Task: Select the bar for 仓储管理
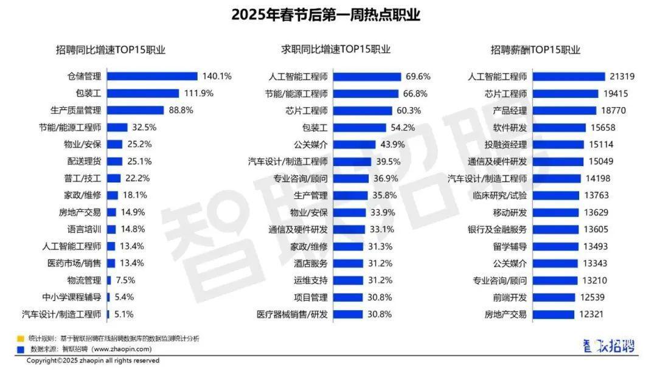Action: pos(152,77)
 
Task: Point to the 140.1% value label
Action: pos(217,77)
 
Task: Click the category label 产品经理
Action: pos(510,111)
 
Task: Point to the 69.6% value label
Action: pos(418,77)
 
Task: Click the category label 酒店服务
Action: pos(311,263)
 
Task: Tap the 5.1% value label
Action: pos(123,314)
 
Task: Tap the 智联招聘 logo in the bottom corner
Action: pos(608,347)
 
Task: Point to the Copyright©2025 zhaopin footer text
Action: pos(92,361)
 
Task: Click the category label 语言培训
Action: pos(84,230)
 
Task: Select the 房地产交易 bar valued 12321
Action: pos(553,314)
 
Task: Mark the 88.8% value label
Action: pos(181,111)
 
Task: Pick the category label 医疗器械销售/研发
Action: pos(293,314)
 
